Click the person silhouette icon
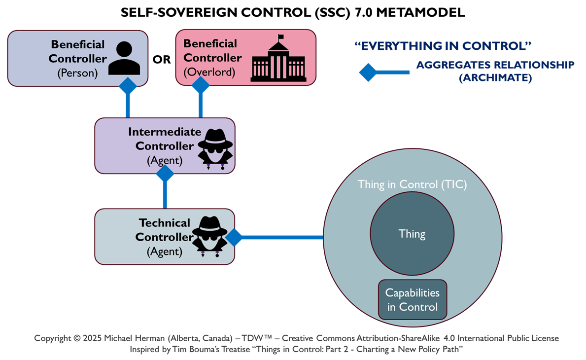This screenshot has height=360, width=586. click(124, 58)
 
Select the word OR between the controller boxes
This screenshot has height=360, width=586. click(161, 60)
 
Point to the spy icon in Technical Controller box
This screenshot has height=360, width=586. click(209, 237)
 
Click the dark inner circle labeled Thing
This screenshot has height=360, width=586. click(412, 234)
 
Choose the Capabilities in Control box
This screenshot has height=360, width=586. click(412, 300)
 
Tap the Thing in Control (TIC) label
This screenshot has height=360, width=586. click(412, 185)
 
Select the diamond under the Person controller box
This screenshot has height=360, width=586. click(128, 86)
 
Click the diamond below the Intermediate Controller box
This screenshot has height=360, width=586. click(165, 174)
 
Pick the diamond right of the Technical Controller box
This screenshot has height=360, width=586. click(234, 237)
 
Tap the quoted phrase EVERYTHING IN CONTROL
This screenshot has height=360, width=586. click(443, 46)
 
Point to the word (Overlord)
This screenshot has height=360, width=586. click(206, 72)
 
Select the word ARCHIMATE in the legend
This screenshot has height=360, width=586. click(495, 78)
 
